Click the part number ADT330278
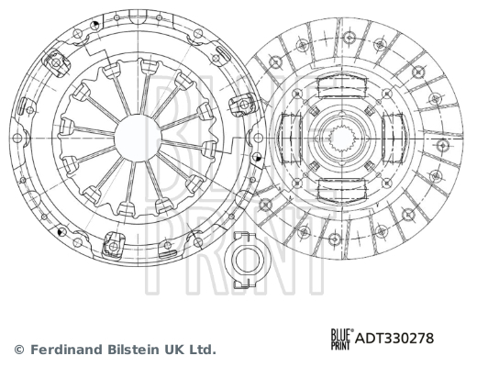click(394, 339)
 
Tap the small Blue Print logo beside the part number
click(342, 339)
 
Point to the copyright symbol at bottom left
click(19, 350)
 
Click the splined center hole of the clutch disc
click(341, 139)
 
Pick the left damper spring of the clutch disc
click(291, 138)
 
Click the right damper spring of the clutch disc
click(393, 138)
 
